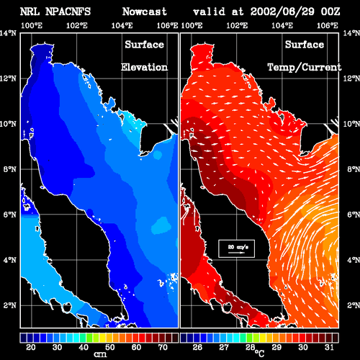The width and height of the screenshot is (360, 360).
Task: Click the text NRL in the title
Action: [30, 12]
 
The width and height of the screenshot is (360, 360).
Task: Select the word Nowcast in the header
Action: [145, 12]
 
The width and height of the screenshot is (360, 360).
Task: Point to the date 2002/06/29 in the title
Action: [282, 12]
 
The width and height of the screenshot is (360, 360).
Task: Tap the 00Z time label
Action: [330, 12]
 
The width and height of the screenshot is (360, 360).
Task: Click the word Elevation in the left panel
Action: [144, 67]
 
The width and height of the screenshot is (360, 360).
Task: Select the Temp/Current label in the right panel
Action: [305, 68]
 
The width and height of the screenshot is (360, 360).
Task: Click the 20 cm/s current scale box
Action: [237, 248]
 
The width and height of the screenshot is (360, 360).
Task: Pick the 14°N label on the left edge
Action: [8, 33]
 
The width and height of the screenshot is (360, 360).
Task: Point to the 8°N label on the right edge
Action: [354, 169]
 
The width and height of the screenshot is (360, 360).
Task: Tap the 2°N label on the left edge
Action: [10, 305]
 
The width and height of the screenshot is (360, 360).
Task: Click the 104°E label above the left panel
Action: [122, 25]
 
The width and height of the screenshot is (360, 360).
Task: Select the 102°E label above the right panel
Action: [237, 25]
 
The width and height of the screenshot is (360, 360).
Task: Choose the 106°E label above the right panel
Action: [328, 25]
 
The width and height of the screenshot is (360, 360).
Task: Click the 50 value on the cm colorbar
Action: [110, 347]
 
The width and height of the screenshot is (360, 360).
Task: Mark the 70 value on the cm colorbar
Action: [163, 347]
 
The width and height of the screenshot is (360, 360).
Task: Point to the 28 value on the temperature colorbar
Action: [251, 347]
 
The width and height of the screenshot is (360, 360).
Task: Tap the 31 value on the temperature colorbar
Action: [329, 347]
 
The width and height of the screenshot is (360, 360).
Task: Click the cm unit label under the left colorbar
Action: [100, 354]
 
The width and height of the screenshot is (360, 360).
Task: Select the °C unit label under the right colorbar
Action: [259, 354]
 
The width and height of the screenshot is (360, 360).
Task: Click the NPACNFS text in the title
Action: [68, 12]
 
